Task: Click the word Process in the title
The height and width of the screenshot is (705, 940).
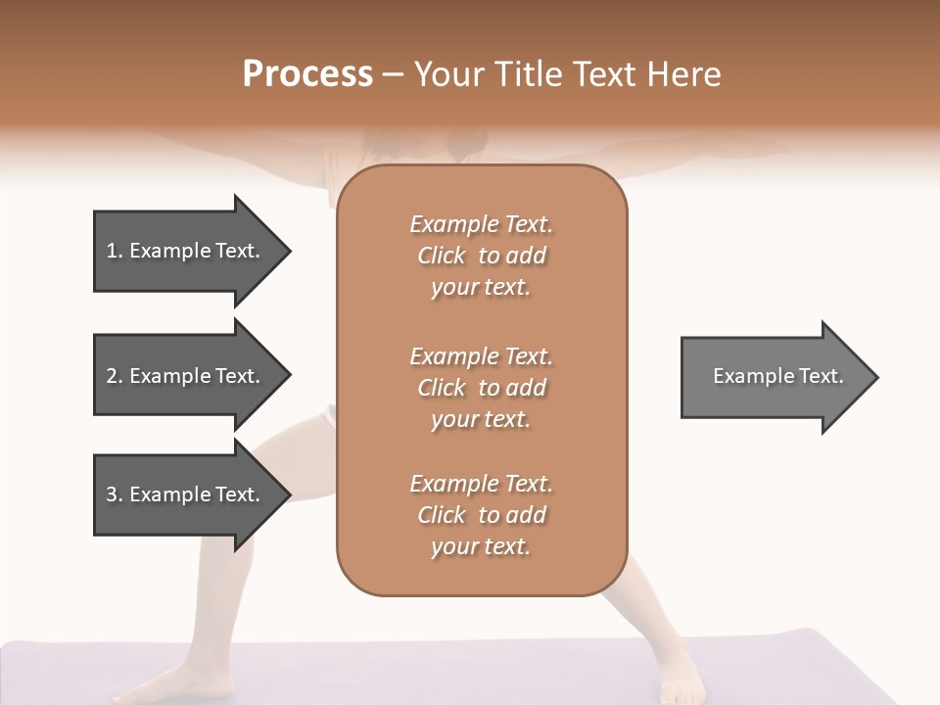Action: pyautogui.click(x=307, y=74)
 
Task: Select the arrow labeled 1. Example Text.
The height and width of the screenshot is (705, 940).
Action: pyautogui.click(x=186, y=251)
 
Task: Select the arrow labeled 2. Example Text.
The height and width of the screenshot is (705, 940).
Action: pyautogui.click(x=186, y=376)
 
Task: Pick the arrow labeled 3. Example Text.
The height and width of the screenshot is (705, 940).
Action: pyautogui.click(x=186, y=494)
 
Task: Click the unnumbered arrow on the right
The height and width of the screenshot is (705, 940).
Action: pyautogui.click(x=774, y=377)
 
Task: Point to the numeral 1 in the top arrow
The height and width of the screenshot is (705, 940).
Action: pyautogui.click(x=112, y=251)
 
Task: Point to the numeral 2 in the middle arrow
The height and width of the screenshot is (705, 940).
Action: pyautogui.click(x=112, y=376)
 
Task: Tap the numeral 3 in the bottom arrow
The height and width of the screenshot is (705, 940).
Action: pyautogui.click(x=112, y=494)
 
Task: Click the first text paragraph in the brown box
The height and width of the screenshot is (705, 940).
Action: pyautogui.click(x=481, y=256)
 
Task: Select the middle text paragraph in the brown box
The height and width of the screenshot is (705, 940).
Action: pyautogui.click(x=481, y=388)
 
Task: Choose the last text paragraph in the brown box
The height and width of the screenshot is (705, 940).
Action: pyautogui.click(x=481, y=515)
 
